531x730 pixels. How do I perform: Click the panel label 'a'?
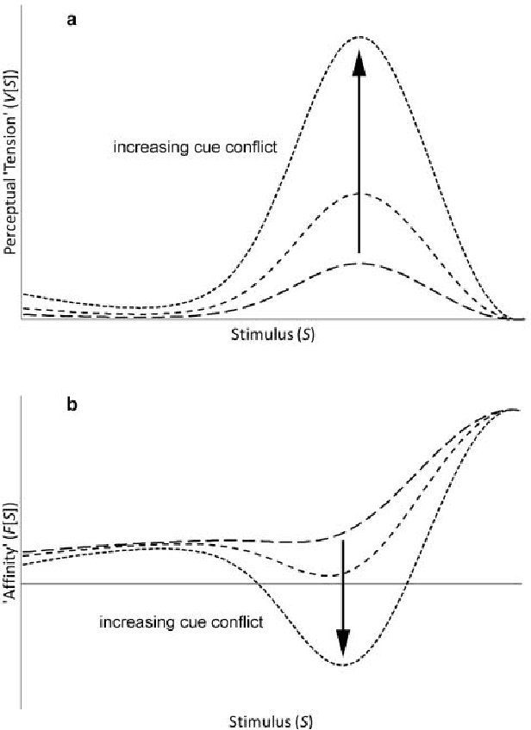(x=72, y=18)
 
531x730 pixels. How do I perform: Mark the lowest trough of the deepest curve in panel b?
(x=343, y=665)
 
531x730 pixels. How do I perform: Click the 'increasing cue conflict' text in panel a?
(x=195, y=147)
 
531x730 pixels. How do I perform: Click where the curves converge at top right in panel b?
(x=515, y=409)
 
